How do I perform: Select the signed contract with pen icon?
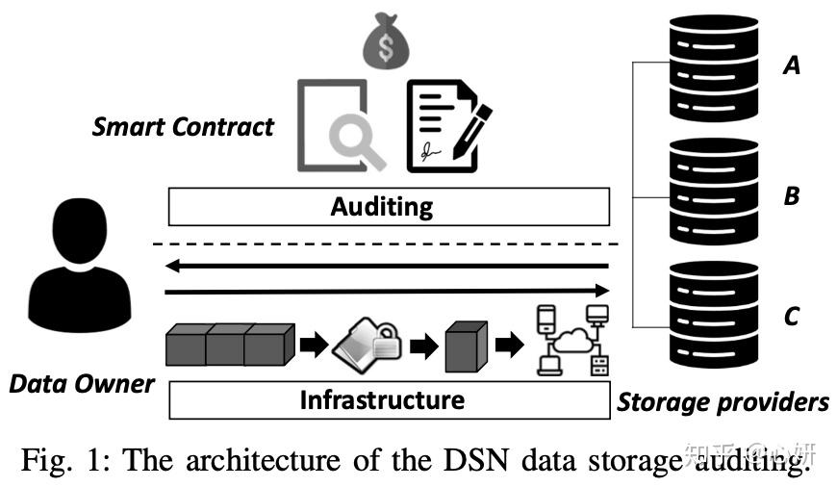444,125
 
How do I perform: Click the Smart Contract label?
183,127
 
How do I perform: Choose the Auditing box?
389,206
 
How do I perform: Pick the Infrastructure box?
389,399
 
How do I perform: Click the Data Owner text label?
82,384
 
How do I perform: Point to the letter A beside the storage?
792,65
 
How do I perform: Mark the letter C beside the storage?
791,316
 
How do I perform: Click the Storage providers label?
723,401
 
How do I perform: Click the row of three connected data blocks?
229,344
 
